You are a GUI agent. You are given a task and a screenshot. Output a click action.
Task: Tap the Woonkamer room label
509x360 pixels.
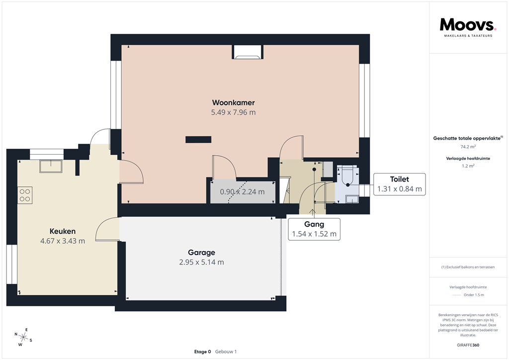233,102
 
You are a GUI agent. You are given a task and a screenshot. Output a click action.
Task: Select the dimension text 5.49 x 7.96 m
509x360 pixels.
233,112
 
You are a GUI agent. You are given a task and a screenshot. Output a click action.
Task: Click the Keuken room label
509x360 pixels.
63,231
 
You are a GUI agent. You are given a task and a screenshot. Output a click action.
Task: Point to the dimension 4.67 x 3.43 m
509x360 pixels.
63,241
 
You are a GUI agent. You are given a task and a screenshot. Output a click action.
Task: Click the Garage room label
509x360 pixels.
201,252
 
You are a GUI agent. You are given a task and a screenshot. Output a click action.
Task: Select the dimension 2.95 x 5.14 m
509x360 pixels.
201,262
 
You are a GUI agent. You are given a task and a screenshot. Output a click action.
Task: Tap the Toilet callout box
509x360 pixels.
399,183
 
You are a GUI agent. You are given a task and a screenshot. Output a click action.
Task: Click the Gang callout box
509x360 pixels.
314,229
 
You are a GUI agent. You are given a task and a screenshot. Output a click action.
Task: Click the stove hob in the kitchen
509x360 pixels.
25,194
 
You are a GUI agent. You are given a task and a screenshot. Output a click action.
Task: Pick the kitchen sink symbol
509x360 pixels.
51,166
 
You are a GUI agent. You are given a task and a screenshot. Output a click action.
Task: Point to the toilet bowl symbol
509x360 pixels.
347,177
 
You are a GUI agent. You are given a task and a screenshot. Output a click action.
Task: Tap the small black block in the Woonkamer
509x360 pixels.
198,140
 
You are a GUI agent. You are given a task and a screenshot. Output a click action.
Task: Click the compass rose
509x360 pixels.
23,337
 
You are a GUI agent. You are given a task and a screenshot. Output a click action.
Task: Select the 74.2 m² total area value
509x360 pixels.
468,147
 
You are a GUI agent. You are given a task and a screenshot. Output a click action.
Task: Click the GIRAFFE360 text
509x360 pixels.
468,345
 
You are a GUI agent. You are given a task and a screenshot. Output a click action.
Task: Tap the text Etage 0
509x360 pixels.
202,352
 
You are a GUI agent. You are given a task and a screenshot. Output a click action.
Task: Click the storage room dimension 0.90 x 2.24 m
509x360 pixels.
242,192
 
